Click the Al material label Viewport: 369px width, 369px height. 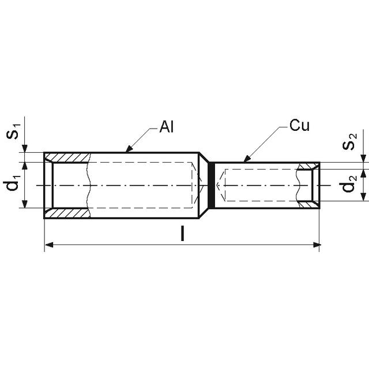[167, 127]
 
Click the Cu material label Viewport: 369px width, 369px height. [299, 125]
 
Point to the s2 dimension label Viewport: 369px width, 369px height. [349, 141]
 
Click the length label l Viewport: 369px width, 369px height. [182, 233]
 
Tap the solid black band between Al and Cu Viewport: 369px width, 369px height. [212, 186]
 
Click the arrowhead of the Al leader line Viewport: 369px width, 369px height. [129, 149]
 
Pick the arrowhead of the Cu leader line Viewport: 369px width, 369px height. [246, 159]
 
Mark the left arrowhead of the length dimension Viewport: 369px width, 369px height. [49, 245]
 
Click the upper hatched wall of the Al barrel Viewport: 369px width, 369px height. [68, 157]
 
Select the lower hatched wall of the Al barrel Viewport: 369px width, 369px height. [68, 213]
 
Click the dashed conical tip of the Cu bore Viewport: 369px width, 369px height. [221, 185]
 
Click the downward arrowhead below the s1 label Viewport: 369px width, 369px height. [25, 149]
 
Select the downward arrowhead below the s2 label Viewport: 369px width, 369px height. [364, 159]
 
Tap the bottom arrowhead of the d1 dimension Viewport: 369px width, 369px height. [25, 204]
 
